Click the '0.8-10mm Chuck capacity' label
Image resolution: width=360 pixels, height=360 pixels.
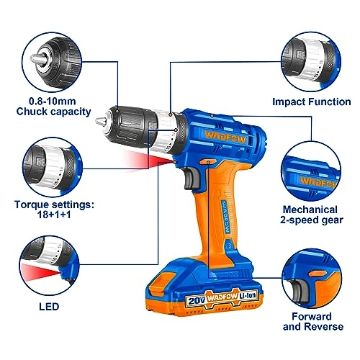[63, 106]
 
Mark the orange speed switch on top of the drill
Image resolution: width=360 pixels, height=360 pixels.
[209, 105]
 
